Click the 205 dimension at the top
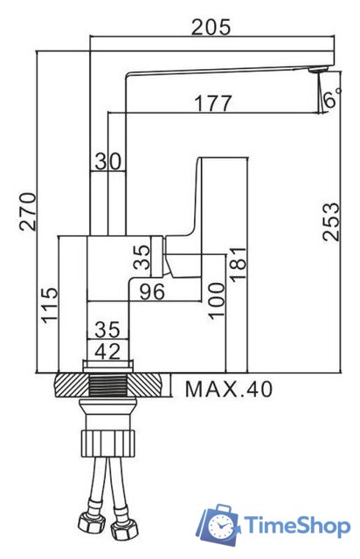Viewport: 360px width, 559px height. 212,27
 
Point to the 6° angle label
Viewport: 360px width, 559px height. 329,100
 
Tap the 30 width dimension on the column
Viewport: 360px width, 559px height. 108,161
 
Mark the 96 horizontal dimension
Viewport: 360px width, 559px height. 153,292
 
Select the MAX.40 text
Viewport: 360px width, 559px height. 228,389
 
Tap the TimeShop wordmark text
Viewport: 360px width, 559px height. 297,525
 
